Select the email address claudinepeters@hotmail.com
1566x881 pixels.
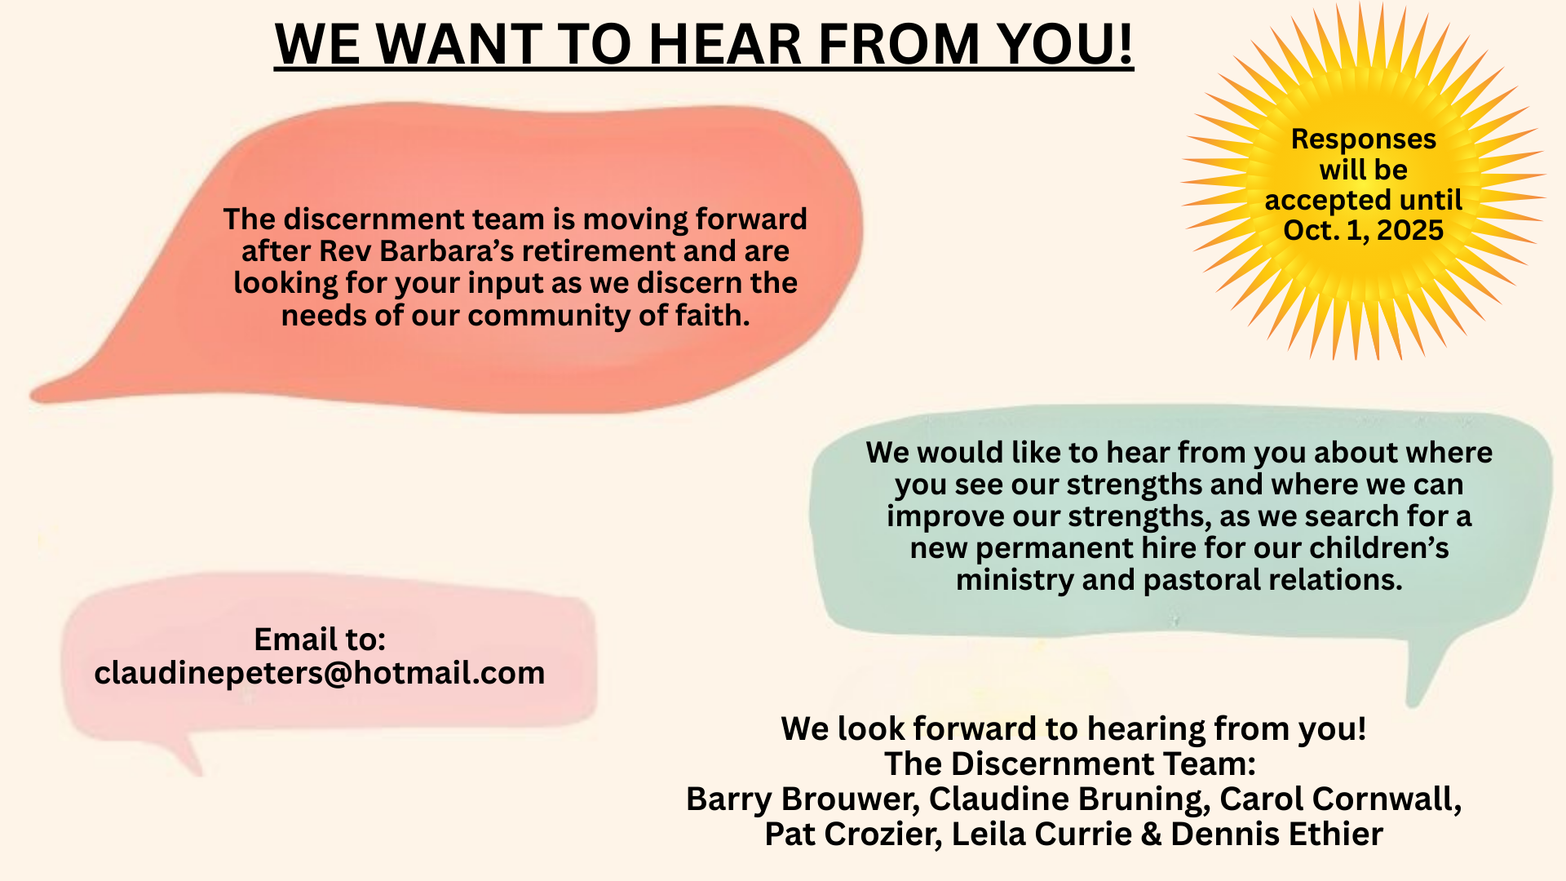click(320, 673)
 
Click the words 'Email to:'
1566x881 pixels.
click(320, 639)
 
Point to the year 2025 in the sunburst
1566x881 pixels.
click(1409, 230)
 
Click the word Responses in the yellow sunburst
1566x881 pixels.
click(1364, 139)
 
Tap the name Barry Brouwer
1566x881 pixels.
click(803, 799)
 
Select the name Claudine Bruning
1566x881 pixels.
click(1069, 799)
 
